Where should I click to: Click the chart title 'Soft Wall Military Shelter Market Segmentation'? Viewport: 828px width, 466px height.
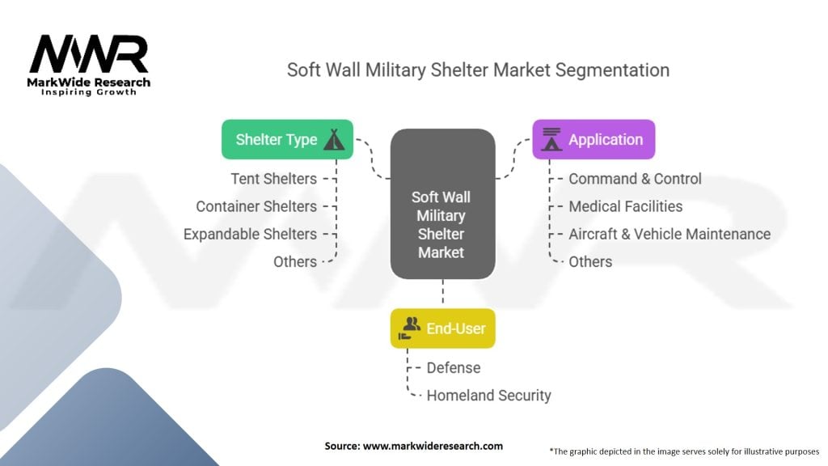[x=478, y=70]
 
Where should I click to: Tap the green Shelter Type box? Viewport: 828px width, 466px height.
[x=287, y=139]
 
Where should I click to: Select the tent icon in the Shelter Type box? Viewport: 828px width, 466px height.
[x=334, y=139]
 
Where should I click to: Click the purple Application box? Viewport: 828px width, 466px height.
[x=593, y=139]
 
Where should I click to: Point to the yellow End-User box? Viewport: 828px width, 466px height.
[x=442, y=328]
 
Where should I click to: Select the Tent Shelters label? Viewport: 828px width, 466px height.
[x=273, y=179]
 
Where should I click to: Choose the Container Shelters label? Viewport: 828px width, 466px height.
[x=256, y=206]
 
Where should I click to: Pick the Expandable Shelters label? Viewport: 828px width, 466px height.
[x=250, y=234]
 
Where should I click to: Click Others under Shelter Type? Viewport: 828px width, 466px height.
[x=295, y=261]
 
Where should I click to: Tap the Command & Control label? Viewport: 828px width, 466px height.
[x=635, y=179]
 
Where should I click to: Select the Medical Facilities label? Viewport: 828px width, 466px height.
[x=625, y=206]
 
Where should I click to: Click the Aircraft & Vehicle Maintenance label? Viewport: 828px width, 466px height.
[x=670, y=234]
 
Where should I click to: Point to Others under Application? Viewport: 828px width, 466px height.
[x=590, y=261]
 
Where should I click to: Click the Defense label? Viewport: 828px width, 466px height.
[x=454, y=367]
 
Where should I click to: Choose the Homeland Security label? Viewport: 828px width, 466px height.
[x=488, y=396]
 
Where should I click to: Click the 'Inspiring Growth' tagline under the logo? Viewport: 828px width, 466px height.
[x=89, y=92]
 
